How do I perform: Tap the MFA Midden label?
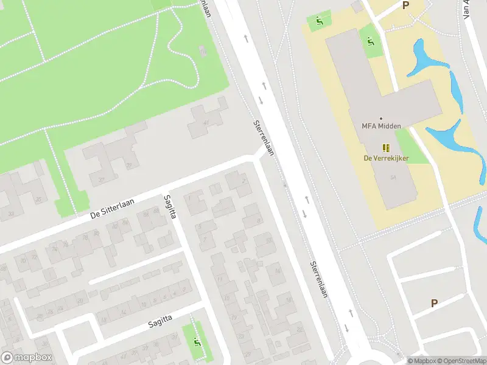tap(381, 126)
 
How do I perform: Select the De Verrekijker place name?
tap(386, 158)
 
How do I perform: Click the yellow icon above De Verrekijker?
tap(385, 147)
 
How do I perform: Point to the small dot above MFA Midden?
tap(381, 118)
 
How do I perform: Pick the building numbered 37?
tap(101, 179)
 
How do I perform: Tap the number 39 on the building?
tap(128, 165)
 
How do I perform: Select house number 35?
tap(38, 198)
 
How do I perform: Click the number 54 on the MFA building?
tap(394, 177)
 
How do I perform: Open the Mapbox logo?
tap(26, 358)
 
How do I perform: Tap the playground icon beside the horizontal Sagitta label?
tap(197, 342)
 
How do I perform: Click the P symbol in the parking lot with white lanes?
tap(434, 303)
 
